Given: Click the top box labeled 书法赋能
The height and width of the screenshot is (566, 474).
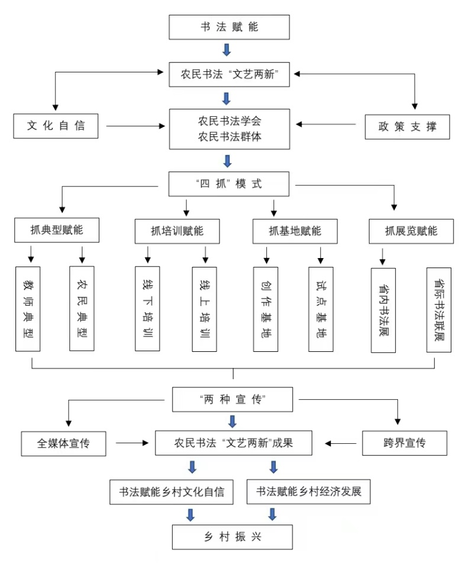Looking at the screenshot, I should click(x=230, y=27).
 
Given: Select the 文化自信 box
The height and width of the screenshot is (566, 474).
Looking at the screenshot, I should click(x=56, y=126).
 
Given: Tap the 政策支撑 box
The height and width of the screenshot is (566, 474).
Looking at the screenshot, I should click(x=407, y=126).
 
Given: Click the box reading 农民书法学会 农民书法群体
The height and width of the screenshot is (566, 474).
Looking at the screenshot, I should click(x=230, y=129).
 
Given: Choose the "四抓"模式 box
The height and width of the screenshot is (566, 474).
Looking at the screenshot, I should click(x=229, y=184).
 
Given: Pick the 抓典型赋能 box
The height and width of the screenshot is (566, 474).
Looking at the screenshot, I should click(x=57, y=230).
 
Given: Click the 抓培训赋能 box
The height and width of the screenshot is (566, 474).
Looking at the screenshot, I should click(x=177, y=231).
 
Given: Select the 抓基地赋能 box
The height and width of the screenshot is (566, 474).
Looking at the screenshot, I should click(x=295, y=231).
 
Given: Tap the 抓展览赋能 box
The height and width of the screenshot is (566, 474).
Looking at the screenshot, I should click(x=411, y=231).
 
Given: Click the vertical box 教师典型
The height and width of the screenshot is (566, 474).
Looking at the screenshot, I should click(x=28, y=309).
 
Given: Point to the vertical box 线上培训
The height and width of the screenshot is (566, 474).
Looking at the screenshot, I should click(x=204, y=309).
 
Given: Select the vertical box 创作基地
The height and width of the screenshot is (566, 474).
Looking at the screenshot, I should click(x=265, y=309).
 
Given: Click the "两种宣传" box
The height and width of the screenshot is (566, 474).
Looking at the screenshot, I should click(x=233, y=399).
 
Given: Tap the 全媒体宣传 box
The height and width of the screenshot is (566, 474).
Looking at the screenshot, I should click(x=63, y=443).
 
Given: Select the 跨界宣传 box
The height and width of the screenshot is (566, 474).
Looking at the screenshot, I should click(x=405, y=443).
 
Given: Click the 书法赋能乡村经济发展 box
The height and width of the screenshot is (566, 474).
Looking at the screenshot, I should click(x=308, y=492).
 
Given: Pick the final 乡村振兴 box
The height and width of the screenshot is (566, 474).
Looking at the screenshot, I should click(x=232, y=537).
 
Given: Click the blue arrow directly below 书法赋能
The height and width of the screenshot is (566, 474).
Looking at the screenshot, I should click(x=226, y=50).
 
